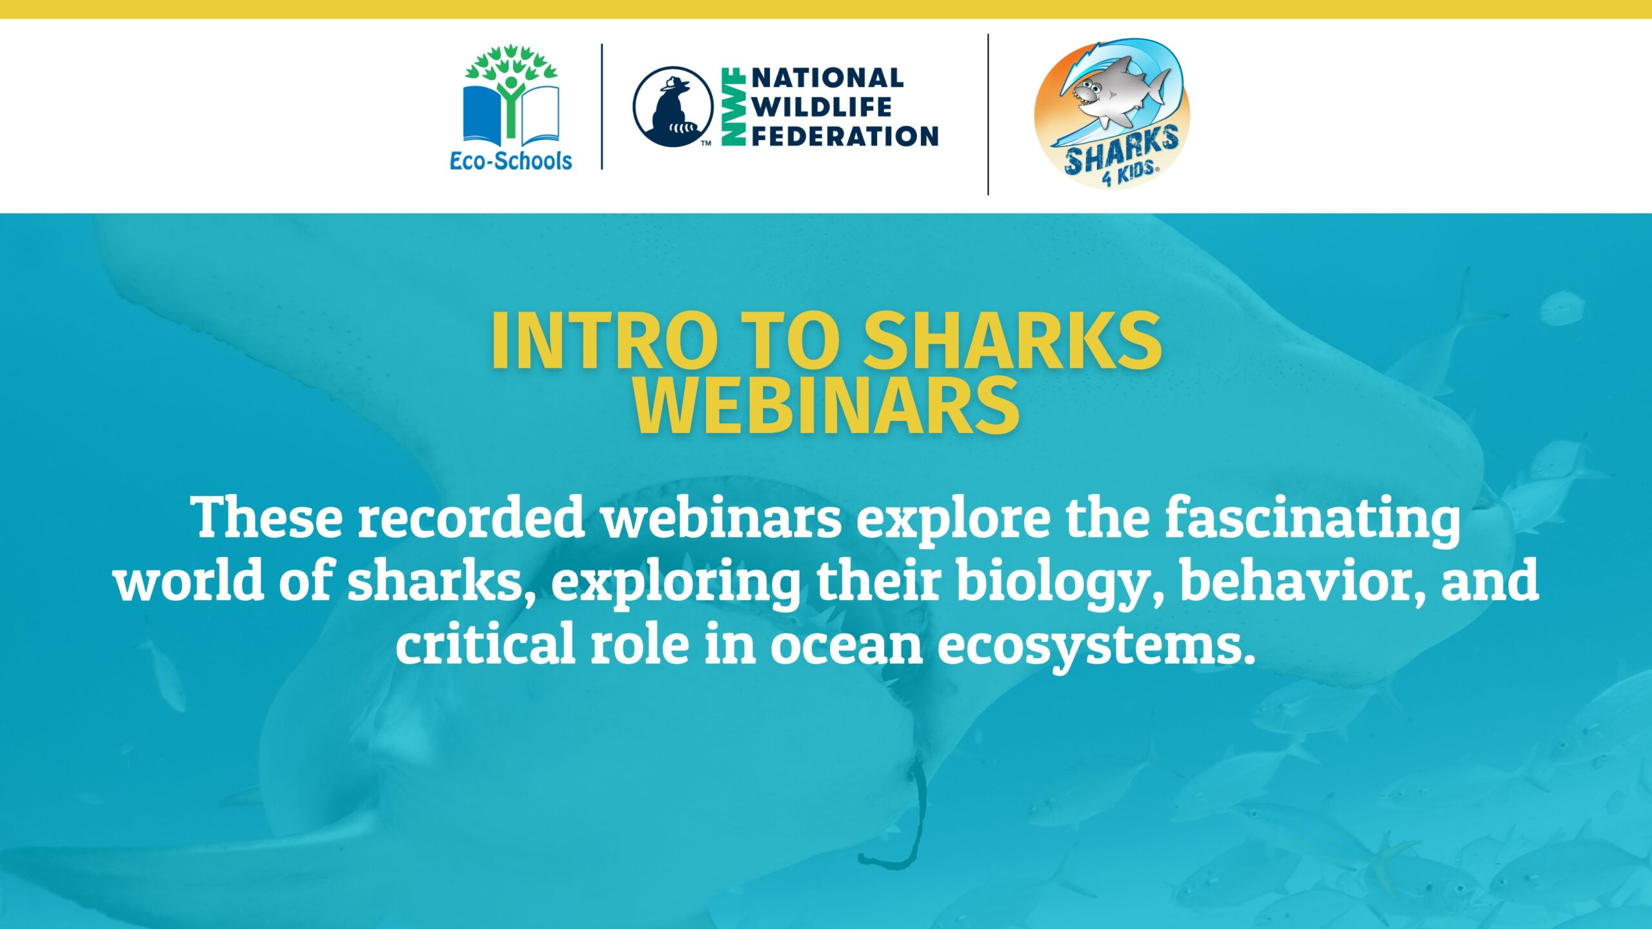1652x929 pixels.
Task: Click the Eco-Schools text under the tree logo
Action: pyautogui.click(x=510, y=161)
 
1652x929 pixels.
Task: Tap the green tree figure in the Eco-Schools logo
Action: pyautogui.click(x=512, y=90)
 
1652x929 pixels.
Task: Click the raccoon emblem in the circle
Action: pyautogui.click(x=673, y=107)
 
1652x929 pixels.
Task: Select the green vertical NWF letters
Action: pyautogui.click(x=733, y=106)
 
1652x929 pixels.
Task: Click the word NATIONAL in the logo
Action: pyautogui.click(x=827, y=78)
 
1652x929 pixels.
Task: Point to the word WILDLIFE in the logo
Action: pyautogui.click(x=821, y=107)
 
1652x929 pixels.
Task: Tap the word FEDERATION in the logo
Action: pyautogui.click(x=845, y=136)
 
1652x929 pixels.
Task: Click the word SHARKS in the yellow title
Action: pyautogui.click(x=1012, y=341)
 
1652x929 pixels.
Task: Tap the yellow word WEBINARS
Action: pyautogui.click(x=826, y=406)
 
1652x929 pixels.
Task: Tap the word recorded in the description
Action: pyautogui.click(x=472, y=517)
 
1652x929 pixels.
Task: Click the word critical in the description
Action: pyautogui.click(x=485, y=643)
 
